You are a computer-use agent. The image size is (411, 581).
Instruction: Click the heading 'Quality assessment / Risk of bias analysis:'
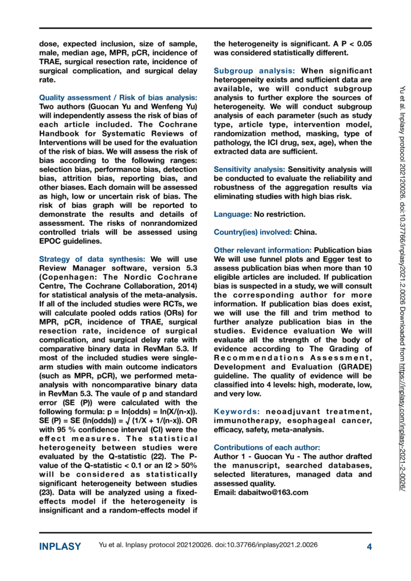coord(118,98)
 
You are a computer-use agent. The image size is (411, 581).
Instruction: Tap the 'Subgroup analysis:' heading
coord(254,71)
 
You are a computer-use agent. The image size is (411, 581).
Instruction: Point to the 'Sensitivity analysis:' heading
coord(250,169)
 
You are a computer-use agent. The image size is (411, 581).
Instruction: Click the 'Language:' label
coord(233,214)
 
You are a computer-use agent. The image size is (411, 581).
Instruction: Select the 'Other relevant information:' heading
coord(263,250)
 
